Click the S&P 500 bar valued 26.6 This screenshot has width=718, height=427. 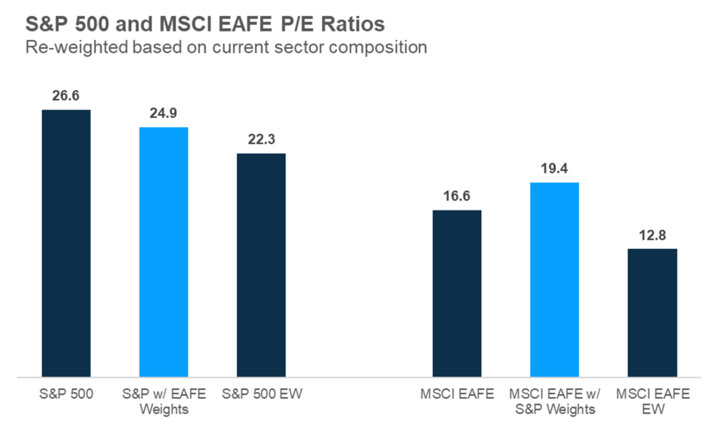click(66, 243)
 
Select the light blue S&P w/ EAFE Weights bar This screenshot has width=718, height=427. click(163, 252)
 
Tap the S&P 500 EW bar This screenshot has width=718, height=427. click(261, 265)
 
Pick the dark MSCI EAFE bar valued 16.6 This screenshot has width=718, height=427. click(456, 293)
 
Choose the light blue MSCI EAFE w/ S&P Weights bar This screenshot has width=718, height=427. click(554, 279)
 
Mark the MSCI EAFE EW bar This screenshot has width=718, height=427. click(651, 313)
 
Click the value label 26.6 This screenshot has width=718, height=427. click(66, 96)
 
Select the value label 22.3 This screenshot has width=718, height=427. click(261, 140)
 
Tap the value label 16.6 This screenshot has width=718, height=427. click(456, 196)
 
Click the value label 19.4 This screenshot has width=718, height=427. click(554, 168)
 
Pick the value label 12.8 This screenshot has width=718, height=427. click(651, 235)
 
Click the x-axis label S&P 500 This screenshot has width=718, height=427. click(66, 394)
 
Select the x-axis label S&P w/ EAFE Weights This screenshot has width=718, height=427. click(163, 401)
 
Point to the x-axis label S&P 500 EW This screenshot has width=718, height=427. click(261, 394)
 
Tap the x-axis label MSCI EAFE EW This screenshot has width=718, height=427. click(651, 401)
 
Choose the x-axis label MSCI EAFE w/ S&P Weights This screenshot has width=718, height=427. click(554, 401)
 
